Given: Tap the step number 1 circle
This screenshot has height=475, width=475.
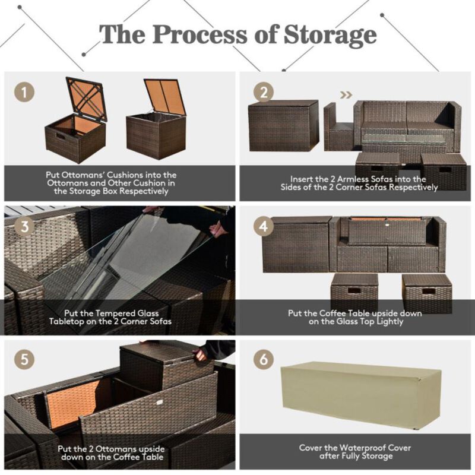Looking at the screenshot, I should [x=24, y=92].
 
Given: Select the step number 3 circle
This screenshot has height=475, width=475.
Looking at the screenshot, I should [x=24, y=226].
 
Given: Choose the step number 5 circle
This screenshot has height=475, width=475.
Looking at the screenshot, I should [x=24, y=360].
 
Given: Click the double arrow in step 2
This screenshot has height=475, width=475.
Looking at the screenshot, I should [x=346, y=94].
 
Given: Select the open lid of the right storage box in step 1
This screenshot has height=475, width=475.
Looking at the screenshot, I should [x=164, y=97].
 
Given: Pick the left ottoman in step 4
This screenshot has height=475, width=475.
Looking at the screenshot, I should [x=354, y=292].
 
